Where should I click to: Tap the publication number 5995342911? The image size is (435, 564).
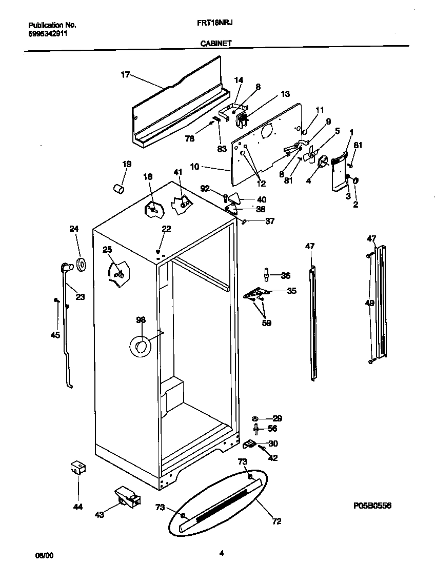pos(47,34)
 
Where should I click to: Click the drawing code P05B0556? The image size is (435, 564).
pos(372,506)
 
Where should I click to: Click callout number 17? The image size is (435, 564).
pos(125,75)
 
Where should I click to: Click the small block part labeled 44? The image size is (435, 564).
pos(77,468)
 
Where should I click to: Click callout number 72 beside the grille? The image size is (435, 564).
pos(276,522)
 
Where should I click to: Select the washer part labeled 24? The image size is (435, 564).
pos(81,264)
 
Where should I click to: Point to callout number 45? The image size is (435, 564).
pos(55,335)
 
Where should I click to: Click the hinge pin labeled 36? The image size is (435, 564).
pos(266,274)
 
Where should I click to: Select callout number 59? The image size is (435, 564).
pos(266,323)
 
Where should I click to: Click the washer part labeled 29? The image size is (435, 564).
pos(255,419)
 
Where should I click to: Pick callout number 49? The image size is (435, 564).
pos(369,304)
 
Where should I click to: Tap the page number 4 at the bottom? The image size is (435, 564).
pos(221,553)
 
